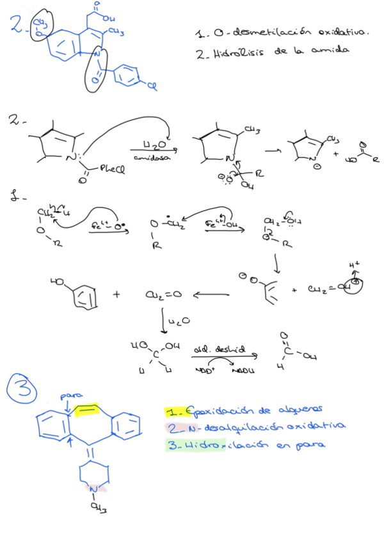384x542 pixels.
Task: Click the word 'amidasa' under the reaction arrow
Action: [x=148, y=157]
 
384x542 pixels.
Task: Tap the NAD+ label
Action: [x=204, y=370]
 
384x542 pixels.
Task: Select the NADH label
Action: [x=244, y=370]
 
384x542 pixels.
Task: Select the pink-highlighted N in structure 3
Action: [x=93, y=490]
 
